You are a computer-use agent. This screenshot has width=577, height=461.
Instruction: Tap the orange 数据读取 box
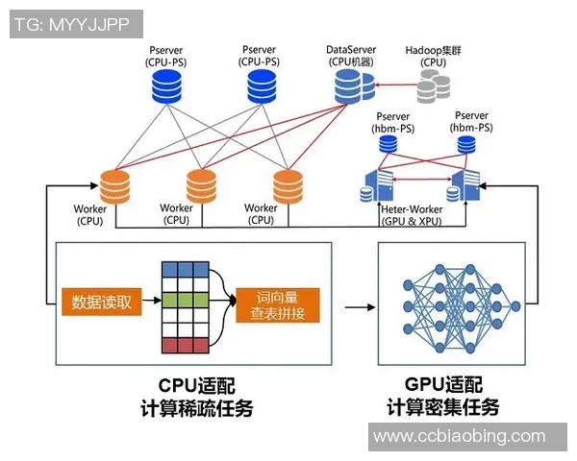point(101,303)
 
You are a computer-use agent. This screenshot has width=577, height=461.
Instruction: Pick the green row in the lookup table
point(186,302)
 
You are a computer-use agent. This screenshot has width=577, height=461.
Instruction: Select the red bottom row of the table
point(186,344)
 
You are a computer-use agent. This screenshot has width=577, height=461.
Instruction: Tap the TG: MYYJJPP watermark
point(74,24)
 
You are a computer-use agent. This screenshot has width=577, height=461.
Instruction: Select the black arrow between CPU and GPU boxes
point(358,307)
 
